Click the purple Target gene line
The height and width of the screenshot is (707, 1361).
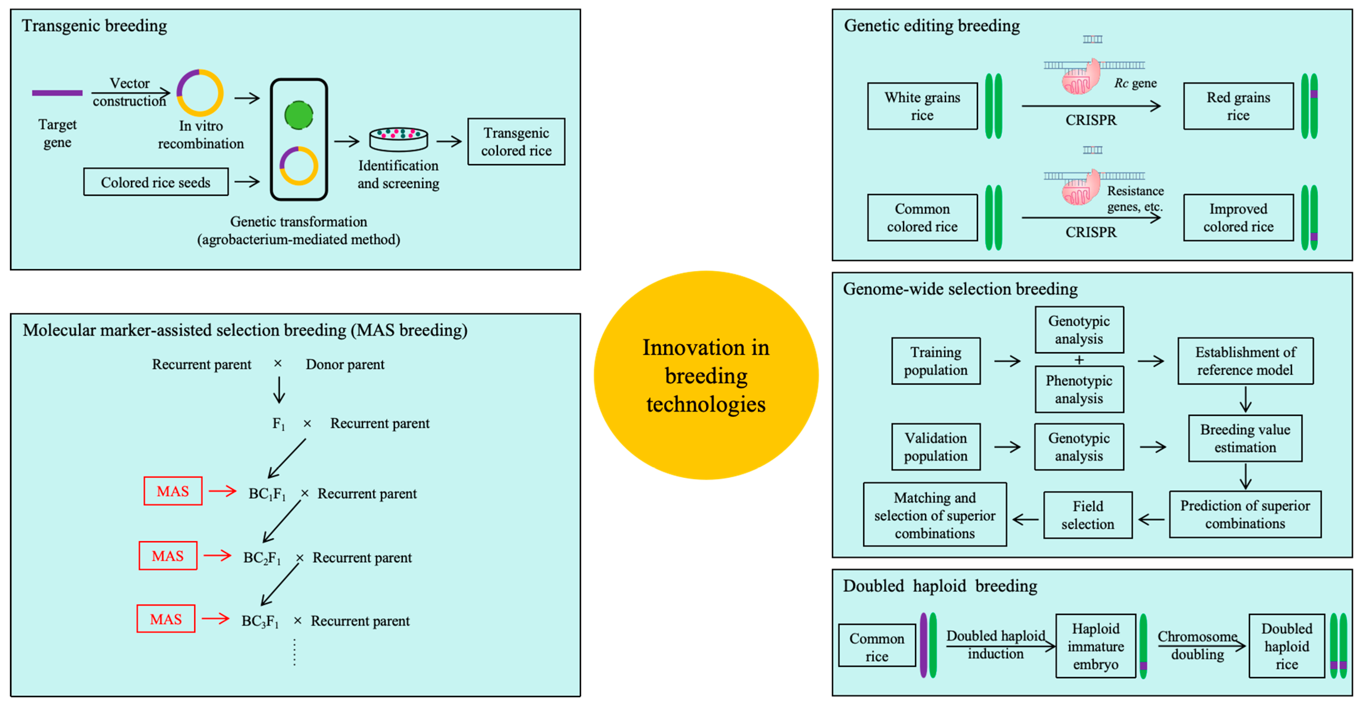point(57,93)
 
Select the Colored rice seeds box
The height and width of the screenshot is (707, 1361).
point(156,182)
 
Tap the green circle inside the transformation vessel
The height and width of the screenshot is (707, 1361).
point(299,115)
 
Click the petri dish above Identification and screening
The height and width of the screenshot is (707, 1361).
point(398,139)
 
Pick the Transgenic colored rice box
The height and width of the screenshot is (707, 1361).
point(516,142)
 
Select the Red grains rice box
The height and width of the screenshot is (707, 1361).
point(1238,106)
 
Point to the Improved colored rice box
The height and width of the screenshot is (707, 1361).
point(1238,218)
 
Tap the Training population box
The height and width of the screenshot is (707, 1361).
point(936,361)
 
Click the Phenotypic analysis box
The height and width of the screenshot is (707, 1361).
point(1079,389)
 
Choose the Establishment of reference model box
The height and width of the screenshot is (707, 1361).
point(1245,361)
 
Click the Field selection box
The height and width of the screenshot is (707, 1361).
point(1088,515)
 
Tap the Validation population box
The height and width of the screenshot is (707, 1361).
point(936,447)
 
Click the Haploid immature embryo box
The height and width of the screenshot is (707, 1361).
point(1095,646)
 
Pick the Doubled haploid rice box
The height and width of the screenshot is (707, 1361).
point(1287,646)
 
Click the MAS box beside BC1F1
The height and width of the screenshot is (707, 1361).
point(173,491)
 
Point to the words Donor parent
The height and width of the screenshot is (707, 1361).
point(345,364)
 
